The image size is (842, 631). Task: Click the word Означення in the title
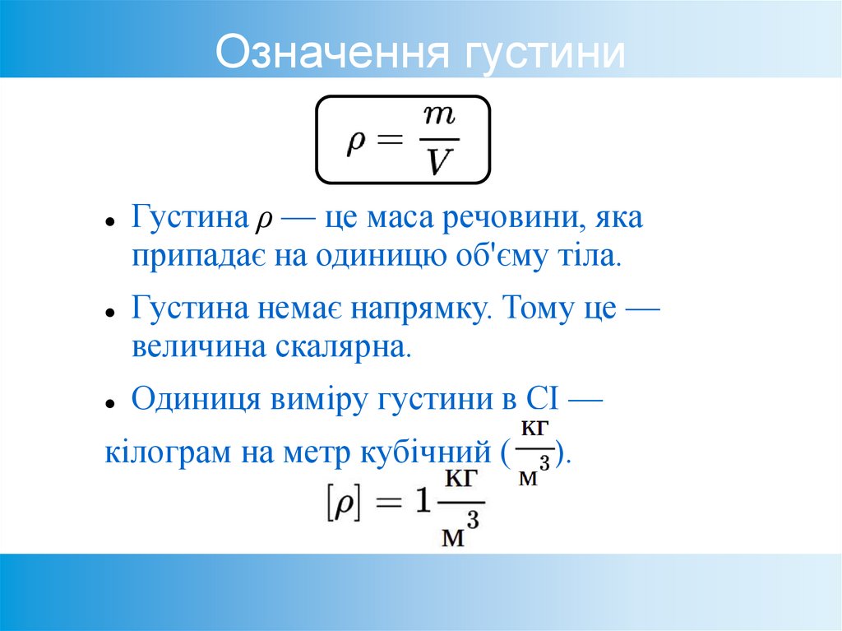332,52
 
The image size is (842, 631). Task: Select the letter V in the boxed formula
439,161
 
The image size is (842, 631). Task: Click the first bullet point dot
109,223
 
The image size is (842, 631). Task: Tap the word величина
196,346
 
